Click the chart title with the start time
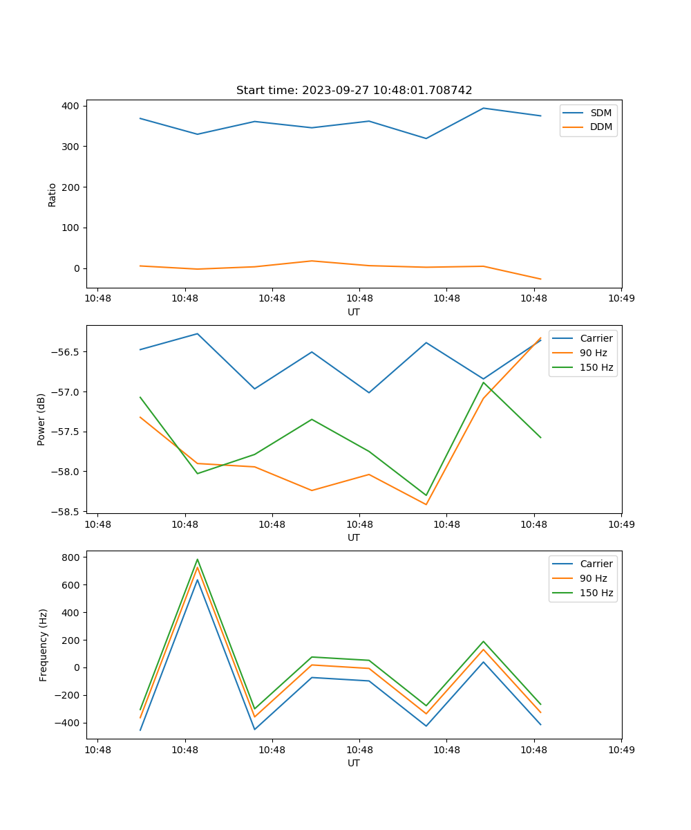coord(354,91)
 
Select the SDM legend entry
coord(600,113)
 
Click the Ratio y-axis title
coord(53,194)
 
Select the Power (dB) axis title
coord(41,419)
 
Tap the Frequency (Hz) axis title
coord(44,645)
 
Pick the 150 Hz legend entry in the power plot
coord(596,367)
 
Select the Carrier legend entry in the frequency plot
coord(596,564)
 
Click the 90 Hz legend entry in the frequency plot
coord(594,578)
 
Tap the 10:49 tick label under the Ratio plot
coord(621,299)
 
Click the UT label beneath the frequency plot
coord(354,763)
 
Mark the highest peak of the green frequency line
coord(198,560)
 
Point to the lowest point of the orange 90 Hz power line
coord(426,504)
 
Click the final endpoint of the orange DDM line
coord(540,279)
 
